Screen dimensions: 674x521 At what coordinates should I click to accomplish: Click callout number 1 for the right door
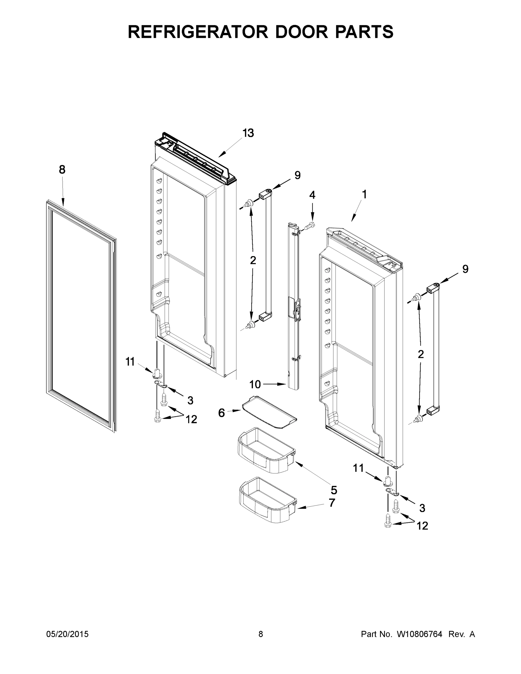coord(365,194)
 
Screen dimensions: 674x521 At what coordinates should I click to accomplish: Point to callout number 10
coord(255,384)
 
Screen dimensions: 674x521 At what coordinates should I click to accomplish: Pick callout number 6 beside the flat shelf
coord(221,413)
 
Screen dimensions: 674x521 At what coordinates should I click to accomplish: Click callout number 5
coord(334,490)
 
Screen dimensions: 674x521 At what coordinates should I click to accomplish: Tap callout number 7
coord(332,503)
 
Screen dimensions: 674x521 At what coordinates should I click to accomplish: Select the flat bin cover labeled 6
coord(269,412)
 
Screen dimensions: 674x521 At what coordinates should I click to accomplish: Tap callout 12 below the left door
coord(191,419)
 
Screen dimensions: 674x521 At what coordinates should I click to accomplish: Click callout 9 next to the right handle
coord(465,269)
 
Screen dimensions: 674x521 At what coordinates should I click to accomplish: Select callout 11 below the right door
coord(358,468)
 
